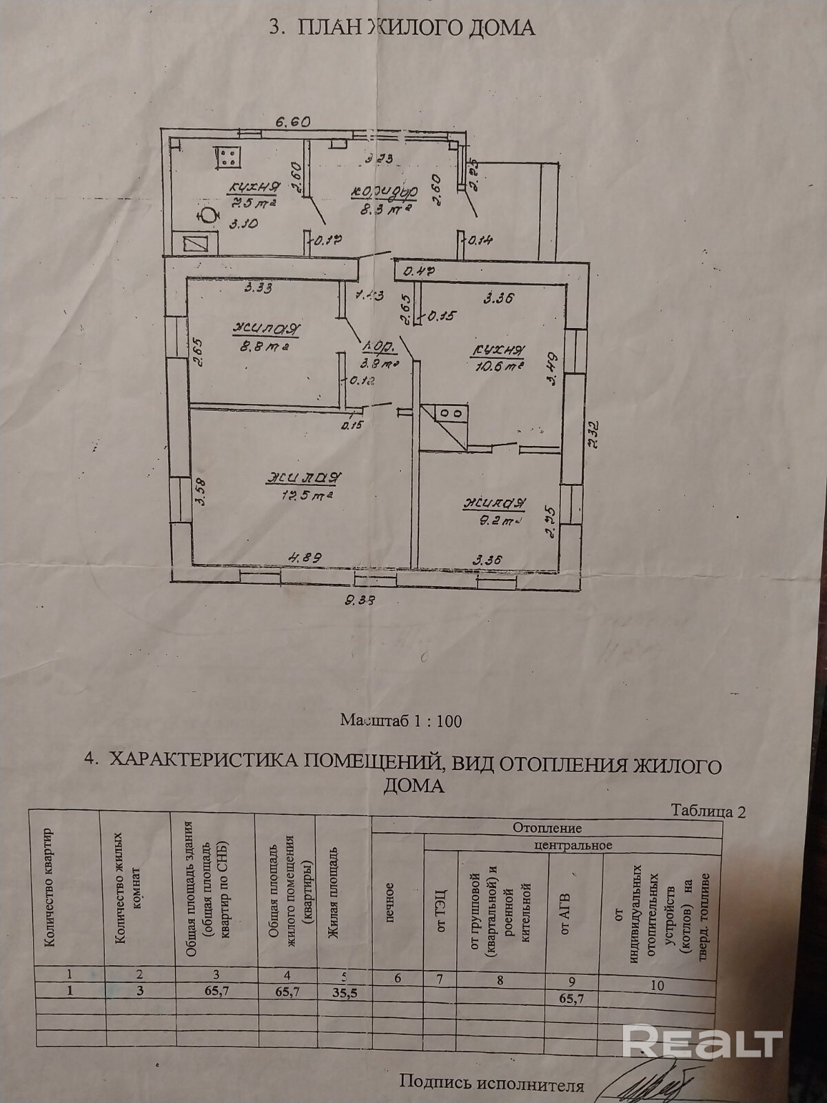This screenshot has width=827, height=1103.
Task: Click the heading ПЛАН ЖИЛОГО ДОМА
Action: click(401, 28)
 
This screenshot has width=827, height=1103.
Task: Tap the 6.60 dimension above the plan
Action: click(293, 121)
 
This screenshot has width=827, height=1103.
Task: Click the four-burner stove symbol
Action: click(227, 156)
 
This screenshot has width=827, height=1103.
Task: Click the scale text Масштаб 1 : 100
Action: click(401, 721)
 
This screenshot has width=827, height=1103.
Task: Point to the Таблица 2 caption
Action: click(708, 811)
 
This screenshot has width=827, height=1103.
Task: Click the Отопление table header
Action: click(547, 828)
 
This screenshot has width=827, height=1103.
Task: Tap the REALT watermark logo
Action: click(702, 1040)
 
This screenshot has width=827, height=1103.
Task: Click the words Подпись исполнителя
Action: click(491, 1085)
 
